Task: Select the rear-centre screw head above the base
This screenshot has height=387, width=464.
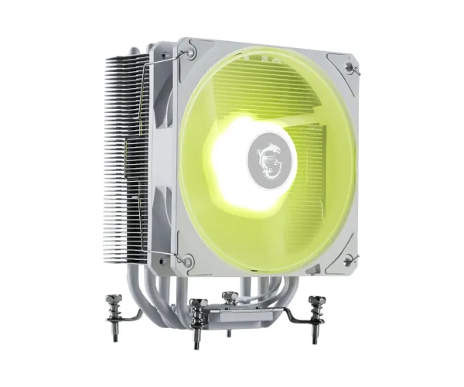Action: point(229,296)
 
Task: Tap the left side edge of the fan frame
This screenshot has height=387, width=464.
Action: point(164,155)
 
